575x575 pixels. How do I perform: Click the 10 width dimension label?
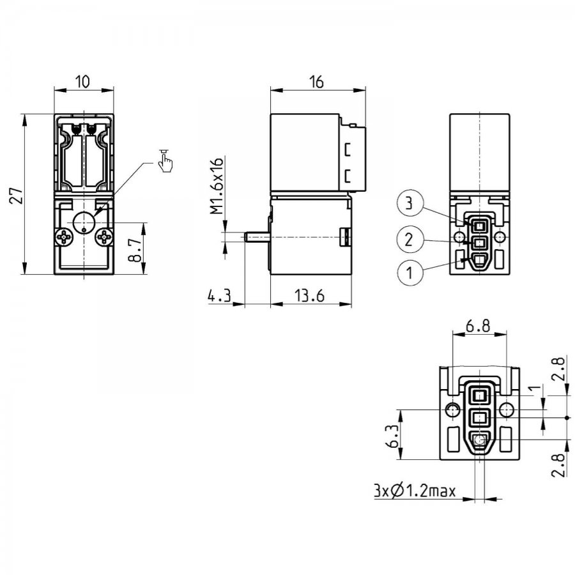click(x=83, y=81)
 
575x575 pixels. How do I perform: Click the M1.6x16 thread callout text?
click(x=217, y=186)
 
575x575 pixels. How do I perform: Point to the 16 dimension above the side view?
click(x=316, y=82)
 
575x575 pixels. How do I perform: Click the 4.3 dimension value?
click(x=219, y=295)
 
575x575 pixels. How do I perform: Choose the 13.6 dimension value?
click(x=310, y=295)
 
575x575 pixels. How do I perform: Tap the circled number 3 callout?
click(x=410, y=203)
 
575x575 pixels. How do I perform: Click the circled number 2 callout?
click(x=410, y=240)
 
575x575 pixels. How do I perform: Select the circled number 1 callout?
click(x=410, y=272)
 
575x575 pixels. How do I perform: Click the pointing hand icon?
click(x=165, y=160)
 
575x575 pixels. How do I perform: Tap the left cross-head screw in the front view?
click(x=65, y=238)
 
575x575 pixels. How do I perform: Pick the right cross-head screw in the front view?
click(x=105, y=238)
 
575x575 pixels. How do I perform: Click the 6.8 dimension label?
click(x=478, y=325)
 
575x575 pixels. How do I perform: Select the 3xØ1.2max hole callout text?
click(x=415, y=490)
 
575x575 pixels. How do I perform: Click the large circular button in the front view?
click(x=84, y=222)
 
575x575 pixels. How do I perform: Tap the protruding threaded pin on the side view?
click(x=257, y=237)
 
